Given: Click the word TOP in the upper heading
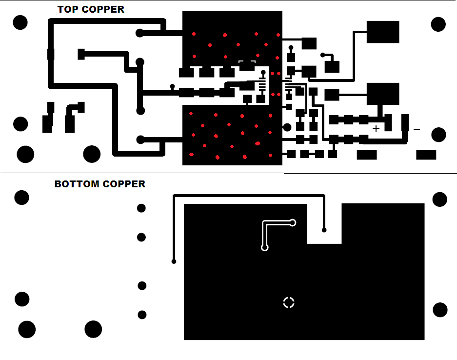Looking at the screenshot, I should click(67, 9).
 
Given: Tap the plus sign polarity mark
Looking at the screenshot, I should click(376, 128).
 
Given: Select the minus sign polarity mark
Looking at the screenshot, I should click(417, 129).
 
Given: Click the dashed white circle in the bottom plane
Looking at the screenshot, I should click(289, 302).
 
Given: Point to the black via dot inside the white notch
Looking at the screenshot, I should click(324, 230).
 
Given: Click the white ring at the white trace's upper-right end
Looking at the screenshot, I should click(293, 222).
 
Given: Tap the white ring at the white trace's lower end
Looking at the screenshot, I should click(265, 247).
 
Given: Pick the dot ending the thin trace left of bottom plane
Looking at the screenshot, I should click(174, 261).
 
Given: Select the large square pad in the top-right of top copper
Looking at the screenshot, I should click(383, 32).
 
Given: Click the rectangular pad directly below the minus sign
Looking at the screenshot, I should click(426, 155).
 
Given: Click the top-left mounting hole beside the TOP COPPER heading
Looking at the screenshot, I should click(20, 22).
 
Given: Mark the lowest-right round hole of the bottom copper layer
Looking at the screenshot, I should click(440, 310).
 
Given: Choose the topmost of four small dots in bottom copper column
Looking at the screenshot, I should click(141, 208).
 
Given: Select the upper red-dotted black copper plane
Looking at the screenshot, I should click(232, 41).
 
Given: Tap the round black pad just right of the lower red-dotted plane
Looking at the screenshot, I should click(287, 127).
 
